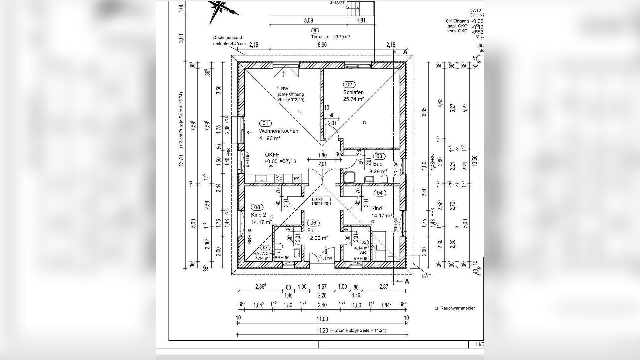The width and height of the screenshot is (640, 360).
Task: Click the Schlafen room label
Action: point(353,92)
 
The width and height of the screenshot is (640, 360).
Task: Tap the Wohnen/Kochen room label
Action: point(278,131)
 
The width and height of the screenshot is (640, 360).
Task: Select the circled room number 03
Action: point(379,156)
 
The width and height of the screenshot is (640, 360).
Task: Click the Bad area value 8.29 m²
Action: point(378,172)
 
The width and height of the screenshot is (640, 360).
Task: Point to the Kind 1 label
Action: point(378,208)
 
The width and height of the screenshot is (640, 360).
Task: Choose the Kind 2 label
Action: point(258,215)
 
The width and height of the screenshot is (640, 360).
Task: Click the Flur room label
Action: point(312,230)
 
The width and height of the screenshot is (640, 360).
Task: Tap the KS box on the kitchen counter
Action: point(297,179)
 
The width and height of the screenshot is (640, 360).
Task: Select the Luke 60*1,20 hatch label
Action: point(320,201)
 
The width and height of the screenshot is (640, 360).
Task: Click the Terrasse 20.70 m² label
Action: point(330,37)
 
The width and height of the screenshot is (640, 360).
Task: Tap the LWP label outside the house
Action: point(426,276)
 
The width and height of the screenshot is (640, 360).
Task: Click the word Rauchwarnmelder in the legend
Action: point(457,308)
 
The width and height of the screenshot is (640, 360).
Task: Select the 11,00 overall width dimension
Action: point(322,319)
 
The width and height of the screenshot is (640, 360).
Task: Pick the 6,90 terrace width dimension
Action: point(322,45)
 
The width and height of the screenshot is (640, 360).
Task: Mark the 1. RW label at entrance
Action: point(326,258)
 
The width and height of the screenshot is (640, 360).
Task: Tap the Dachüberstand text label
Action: point(228,38)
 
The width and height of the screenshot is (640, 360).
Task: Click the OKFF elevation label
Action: point(272,155)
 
